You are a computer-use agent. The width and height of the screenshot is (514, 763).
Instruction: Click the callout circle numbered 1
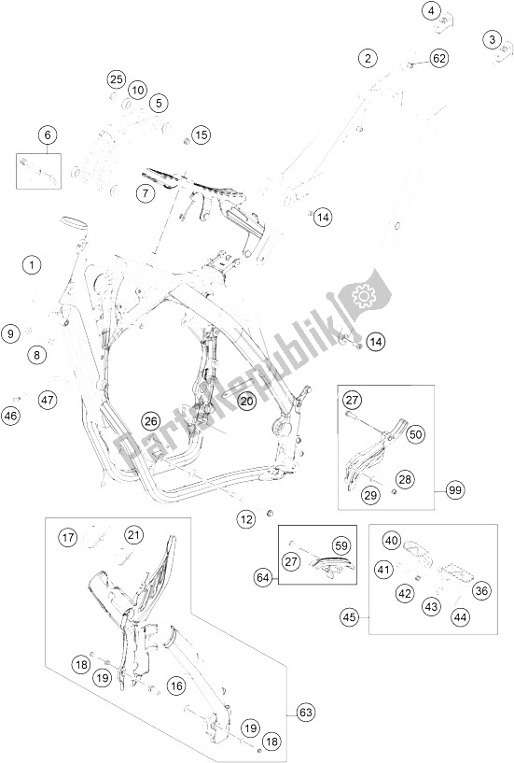click(x=32, y=265)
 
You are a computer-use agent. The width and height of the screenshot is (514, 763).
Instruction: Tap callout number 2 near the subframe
click(x=368, y=59)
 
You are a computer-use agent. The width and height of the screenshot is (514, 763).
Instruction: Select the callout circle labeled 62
click(x=439, y=59)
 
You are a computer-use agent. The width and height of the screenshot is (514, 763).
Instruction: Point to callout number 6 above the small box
click(x=48, y=134)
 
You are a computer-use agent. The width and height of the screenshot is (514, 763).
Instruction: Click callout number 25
click(x=117, y=79)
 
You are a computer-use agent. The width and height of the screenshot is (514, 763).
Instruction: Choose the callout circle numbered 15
click(x=201, y=134)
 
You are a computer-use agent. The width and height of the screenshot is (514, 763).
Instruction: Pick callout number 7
click(x=145, y=193)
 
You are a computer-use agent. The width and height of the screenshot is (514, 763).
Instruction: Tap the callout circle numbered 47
click(x=48, y=401)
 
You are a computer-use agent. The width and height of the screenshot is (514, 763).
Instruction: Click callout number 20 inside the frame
click(x=247, y=401)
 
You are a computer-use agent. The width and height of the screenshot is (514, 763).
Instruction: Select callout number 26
click(x=151, y=420)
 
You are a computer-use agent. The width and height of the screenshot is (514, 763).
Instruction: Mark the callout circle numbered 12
click(x=247, y=519)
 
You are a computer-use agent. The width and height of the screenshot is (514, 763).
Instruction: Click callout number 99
click(x=455, y=490)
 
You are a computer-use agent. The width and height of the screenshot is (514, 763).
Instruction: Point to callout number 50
click(x=415, y=434)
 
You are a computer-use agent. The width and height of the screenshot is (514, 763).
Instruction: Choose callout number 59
click(x=341, y=546)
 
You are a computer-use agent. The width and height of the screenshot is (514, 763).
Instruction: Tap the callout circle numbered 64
click(x=263, y=578)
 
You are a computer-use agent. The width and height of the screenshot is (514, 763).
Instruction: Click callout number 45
click(x=349, y=617)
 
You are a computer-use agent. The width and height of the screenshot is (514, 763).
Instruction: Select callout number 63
click(x=306, y=714)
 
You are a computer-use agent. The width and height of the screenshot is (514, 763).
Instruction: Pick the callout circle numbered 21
click(x=133, y=536)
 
